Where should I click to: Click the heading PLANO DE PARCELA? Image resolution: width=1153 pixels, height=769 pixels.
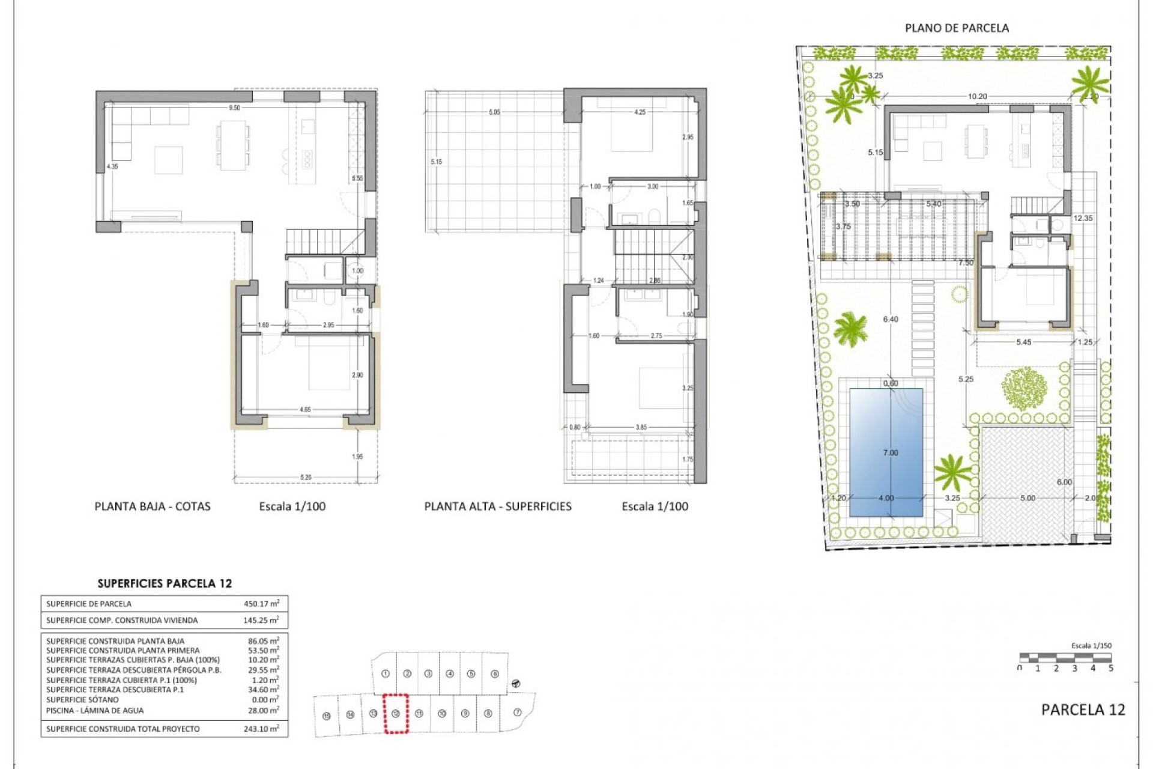coord(957,28)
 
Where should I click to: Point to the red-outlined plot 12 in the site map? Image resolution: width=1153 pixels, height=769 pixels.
coord(396,714)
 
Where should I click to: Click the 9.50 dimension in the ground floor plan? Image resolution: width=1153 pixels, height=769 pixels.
coord(234,108)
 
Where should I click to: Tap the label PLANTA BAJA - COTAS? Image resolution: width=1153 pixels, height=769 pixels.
coord(153,506)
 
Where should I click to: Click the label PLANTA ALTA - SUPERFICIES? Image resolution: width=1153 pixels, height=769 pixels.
coord(498,506)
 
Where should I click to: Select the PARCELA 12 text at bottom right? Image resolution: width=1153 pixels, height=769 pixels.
coord(1083,710)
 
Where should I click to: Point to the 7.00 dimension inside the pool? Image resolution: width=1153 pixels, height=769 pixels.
coord(891,453)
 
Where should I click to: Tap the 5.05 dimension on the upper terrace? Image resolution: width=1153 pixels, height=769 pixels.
coord(494,112)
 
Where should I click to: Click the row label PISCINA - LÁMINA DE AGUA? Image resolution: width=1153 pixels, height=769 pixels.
coord(95,710)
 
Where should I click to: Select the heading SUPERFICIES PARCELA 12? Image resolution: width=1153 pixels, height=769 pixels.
coord(165,583)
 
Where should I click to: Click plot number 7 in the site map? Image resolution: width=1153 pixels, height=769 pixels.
coord(518,713)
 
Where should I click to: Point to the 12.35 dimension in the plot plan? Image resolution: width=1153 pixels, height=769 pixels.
coord(1083,219)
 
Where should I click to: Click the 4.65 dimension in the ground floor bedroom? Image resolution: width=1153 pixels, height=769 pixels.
coord(305,410)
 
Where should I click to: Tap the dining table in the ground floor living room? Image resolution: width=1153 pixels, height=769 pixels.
coord(233,144)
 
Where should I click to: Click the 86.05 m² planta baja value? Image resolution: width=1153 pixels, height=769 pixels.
coord(263,641)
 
